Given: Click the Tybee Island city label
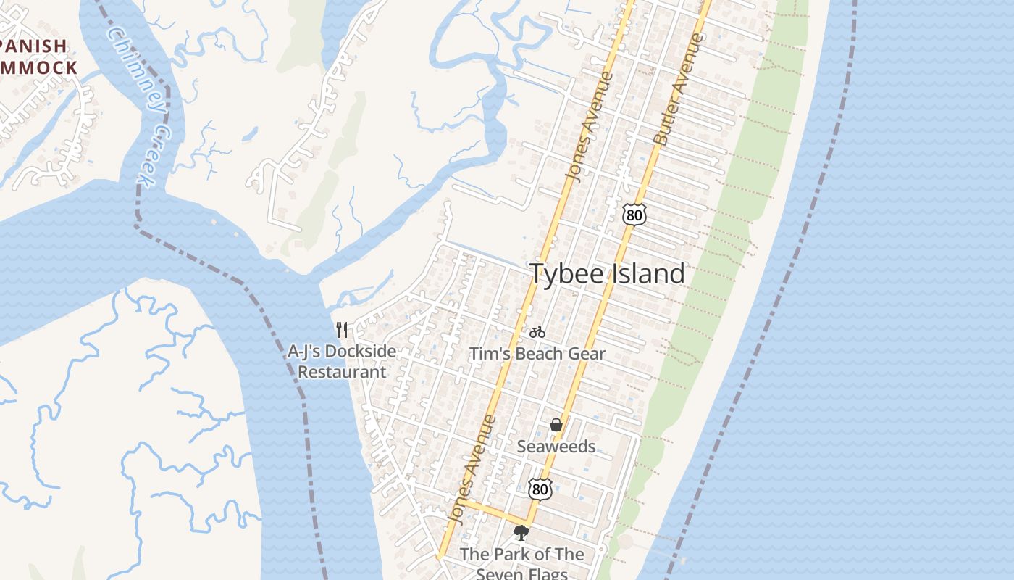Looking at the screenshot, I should point(607,273).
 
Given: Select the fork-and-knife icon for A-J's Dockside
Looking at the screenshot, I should point(342,330).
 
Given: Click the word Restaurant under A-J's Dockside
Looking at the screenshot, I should point(342,372).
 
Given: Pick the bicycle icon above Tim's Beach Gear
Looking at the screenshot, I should point(537,332).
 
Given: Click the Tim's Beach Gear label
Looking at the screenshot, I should point(537,354).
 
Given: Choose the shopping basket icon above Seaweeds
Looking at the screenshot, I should point(556,425).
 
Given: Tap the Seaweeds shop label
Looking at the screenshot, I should point(556,447).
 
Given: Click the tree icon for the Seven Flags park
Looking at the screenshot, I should point(521,534).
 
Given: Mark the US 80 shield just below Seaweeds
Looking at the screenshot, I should point(540,489).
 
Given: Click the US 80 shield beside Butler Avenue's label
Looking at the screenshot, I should point(634,214).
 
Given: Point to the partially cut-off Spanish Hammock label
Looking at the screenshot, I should point(36,57).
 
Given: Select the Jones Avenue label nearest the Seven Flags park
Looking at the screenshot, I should point(472,470).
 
